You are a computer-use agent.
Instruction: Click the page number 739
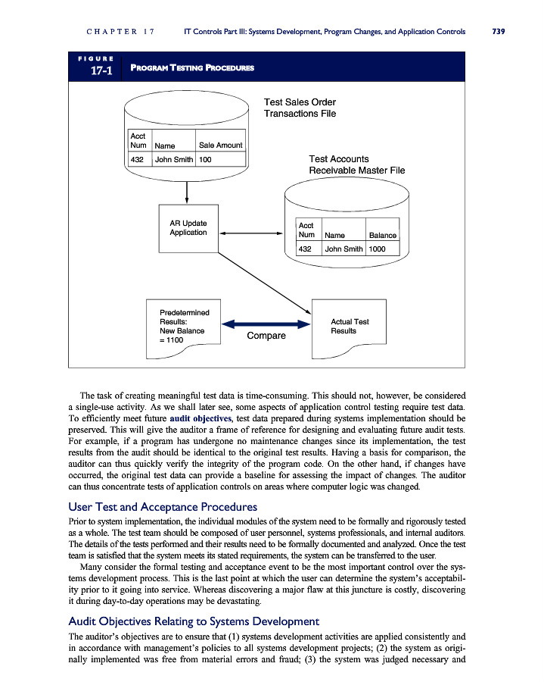coord(498,32)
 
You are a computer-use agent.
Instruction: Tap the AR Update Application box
coord(188,228)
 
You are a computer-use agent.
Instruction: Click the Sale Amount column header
coord(220,145)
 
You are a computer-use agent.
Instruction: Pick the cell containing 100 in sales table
coord(205,160)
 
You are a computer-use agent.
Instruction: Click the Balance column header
coord(382,236)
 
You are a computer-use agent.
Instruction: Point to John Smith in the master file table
coord(343,249)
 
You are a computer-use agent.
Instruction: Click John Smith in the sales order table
coord(174,160)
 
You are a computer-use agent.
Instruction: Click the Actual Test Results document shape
coord(350,327)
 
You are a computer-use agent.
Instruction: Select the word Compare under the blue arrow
coord(266,336)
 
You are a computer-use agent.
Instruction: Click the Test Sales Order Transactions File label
coord(300,108)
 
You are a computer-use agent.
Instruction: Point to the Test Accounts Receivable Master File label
coord(356,164)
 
